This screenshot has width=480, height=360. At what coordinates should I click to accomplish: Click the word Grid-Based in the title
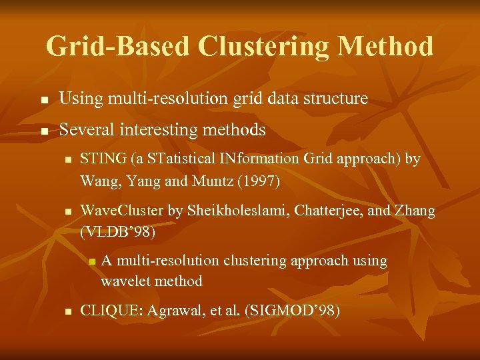(x=117, y=47)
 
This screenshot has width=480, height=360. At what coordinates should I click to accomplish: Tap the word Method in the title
(x=386, y=47)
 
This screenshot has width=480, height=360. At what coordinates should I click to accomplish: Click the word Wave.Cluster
(x=121, y=211)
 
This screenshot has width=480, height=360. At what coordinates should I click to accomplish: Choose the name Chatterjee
(x=323, y=211)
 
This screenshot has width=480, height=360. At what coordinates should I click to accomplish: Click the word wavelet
(x=126, y=281)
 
